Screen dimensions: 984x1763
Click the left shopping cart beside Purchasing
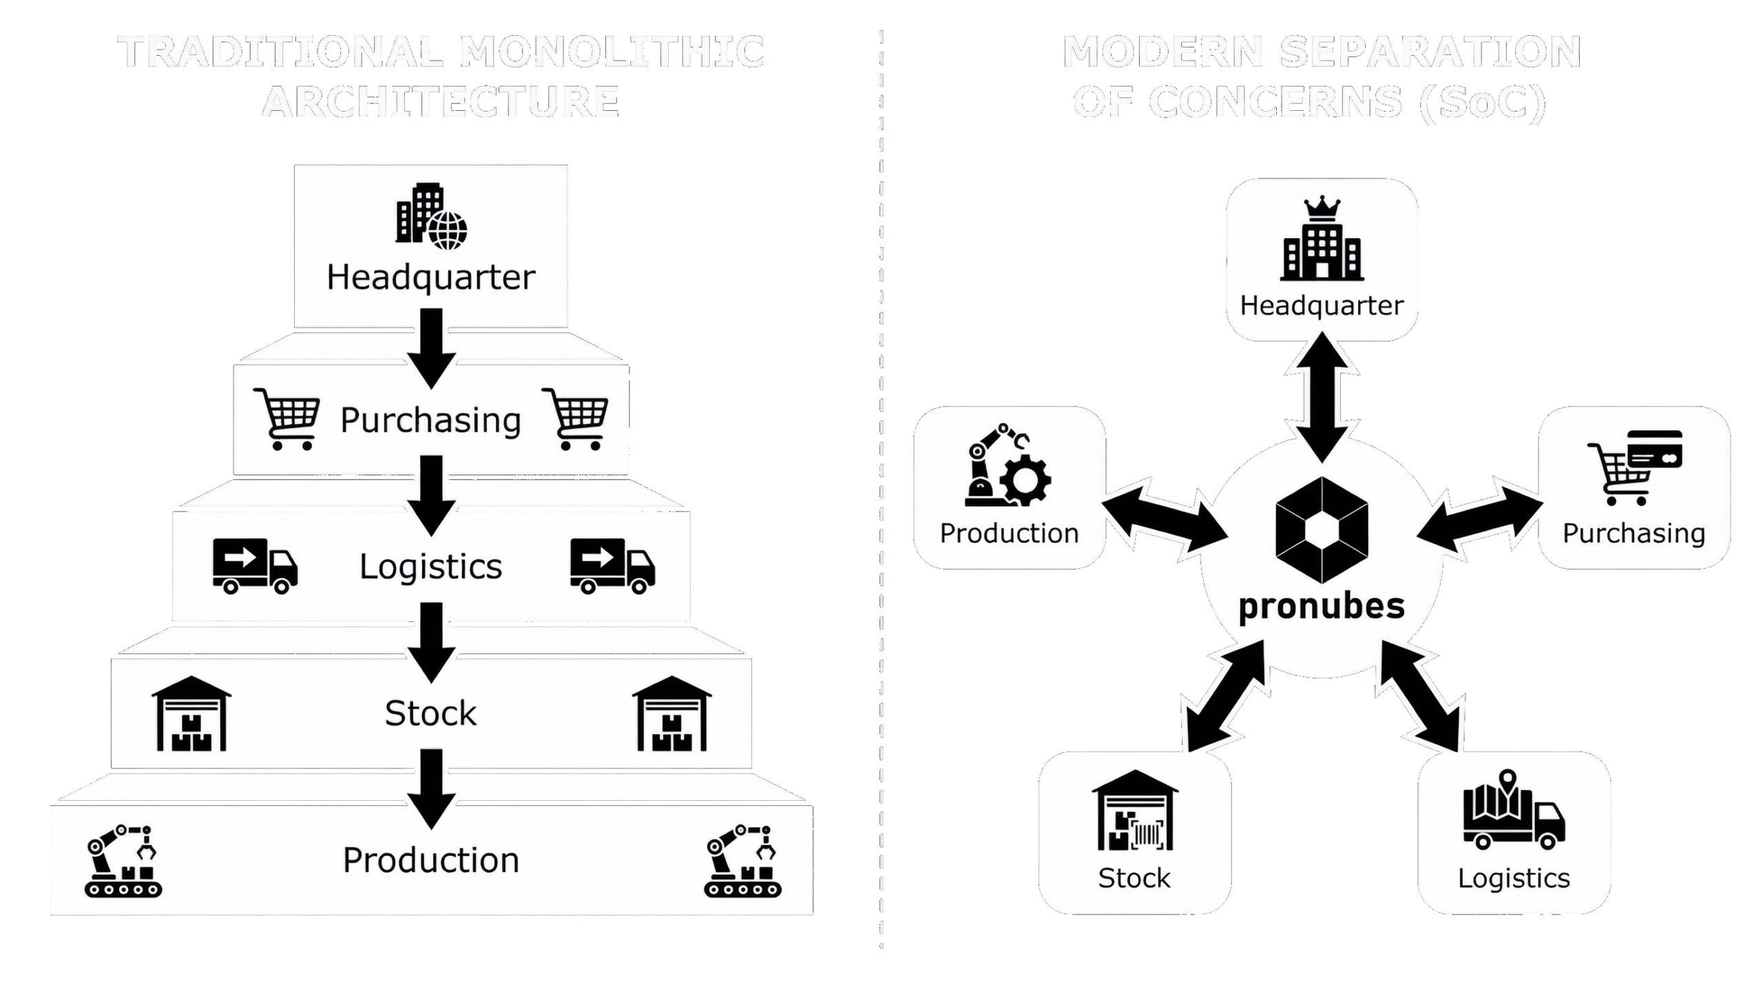[286, 419]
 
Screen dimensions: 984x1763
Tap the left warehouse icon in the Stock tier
[191, 713]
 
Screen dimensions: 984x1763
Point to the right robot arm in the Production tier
[742, 860]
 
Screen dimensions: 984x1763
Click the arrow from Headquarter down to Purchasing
[431, 348]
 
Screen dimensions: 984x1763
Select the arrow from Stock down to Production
[431, 789]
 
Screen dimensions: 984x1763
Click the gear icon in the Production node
[1025, 480]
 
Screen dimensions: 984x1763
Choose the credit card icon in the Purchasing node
[1654, 449]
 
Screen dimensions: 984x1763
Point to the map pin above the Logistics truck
[1508, 782]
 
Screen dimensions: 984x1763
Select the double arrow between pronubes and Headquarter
[1322, 398]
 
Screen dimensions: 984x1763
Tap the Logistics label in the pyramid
[431, 567]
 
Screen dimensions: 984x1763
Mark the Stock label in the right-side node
[1134, 878]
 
